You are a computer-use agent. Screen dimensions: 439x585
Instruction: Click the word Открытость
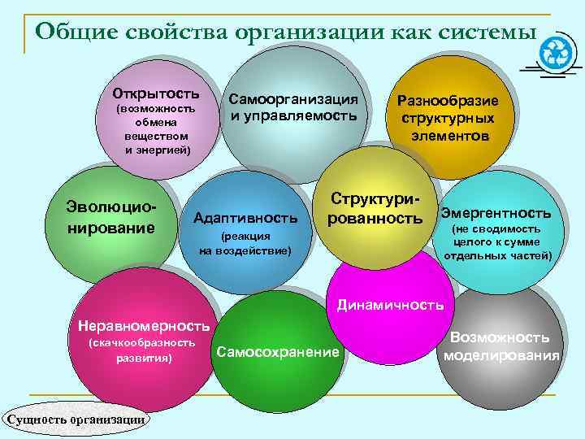pos(156,90)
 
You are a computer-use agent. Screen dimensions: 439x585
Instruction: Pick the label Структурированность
pos(375,209)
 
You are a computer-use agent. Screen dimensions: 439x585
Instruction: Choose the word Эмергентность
pos(496,213)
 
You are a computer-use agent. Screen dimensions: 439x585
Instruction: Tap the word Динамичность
pos(390,305)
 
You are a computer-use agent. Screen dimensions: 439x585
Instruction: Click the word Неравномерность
pos(144,326)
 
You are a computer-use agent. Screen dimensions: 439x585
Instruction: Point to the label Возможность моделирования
pos(500,346)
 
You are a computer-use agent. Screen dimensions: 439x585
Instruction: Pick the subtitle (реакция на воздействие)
pos(245,243)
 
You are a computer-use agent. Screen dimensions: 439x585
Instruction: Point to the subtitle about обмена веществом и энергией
pos(156,129)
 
